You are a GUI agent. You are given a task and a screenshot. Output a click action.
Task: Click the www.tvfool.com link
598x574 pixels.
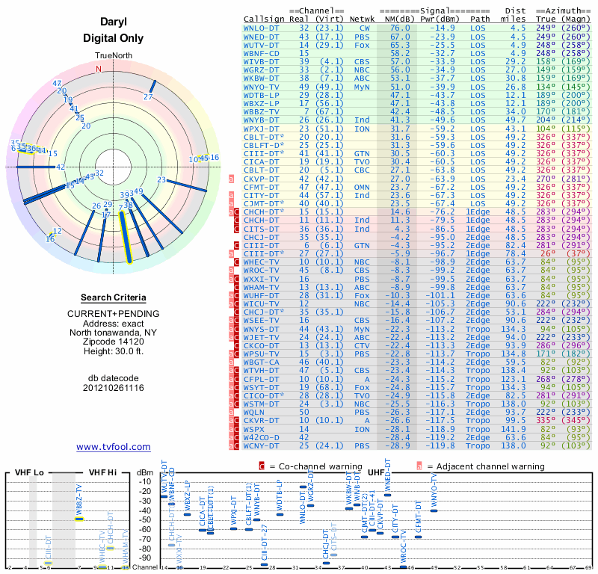pos(113,447)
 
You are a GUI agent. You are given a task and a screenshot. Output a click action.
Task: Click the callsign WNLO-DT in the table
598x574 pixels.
pos(262,27)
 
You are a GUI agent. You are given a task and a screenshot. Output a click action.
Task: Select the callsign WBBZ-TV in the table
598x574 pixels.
pos(262,111)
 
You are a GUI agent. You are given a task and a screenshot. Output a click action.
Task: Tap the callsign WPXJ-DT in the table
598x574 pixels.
pos(262,129)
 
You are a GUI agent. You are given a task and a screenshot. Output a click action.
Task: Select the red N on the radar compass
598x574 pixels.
pos(98,69)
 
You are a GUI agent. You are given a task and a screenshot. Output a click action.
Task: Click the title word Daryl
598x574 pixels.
pos(113,23)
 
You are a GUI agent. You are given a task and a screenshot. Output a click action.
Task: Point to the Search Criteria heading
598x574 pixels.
pos(113,297)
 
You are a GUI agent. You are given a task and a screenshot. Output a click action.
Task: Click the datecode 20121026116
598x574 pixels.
pos(113,387)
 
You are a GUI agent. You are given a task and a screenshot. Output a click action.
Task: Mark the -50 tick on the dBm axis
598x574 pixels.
pos(144,519)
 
